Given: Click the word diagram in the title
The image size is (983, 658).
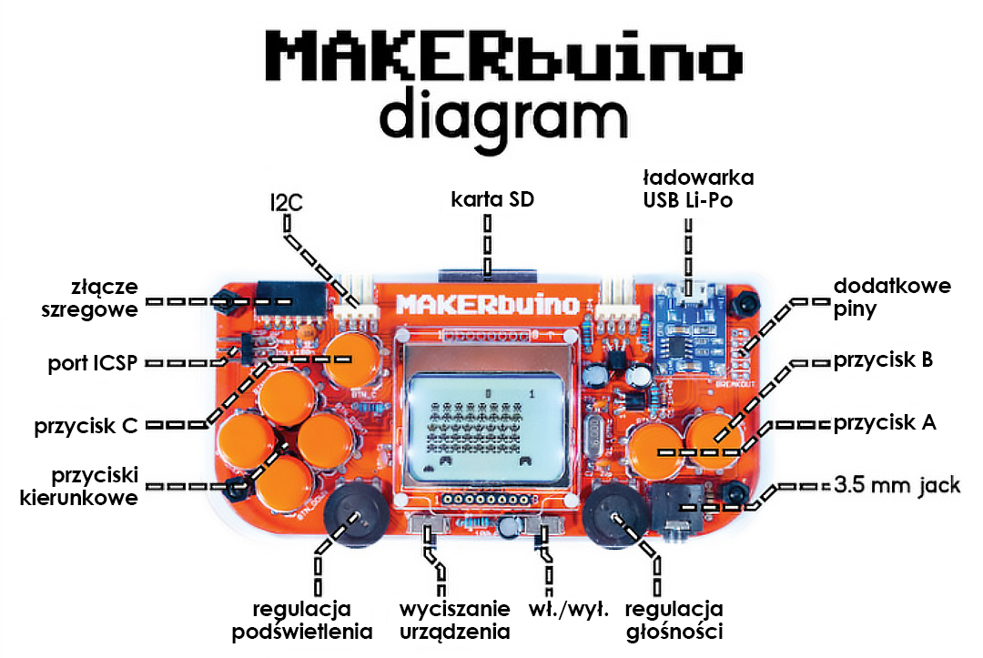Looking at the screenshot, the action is [x=503, y=119].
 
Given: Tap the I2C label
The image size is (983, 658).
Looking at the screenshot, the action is [x=287, y=202].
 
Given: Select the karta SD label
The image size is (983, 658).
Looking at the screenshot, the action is [x=492, y=199].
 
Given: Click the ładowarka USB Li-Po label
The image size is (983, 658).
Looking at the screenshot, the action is [x=698, y=188].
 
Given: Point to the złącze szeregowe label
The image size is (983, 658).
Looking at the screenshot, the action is [x=89, y=299].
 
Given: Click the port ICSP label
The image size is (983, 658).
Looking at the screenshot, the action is [x=92, y=363].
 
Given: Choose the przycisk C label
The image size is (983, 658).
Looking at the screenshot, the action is [x=86, y=426].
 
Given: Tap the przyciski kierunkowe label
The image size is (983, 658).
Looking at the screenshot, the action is [x=79, y=486].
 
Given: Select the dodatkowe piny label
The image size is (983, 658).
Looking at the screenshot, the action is [x=892, y=297].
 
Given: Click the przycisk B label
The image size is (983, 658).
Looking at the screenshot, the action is [x=883, y=360].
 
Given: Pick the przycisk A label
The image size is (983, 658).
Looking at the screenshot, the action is [x=885, y=423].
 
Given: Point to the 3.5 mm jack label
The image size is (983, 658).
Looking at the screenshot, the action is [x=897, y=485].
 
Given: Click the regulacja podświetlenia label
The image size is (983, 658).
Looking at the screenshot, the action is [x=302, y=620].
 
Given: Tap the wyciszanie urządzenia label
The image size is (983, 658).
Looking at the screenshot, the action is [x=455, y=620].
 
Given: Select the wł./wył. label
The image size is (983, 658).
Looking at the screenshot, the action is [x=569, y=609].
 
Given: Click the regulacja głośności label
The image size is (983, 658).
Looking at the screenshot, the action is [x=674, y=620].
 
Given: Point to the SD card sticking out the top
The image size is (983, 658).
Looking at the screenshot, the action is [x=488, y=275].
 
